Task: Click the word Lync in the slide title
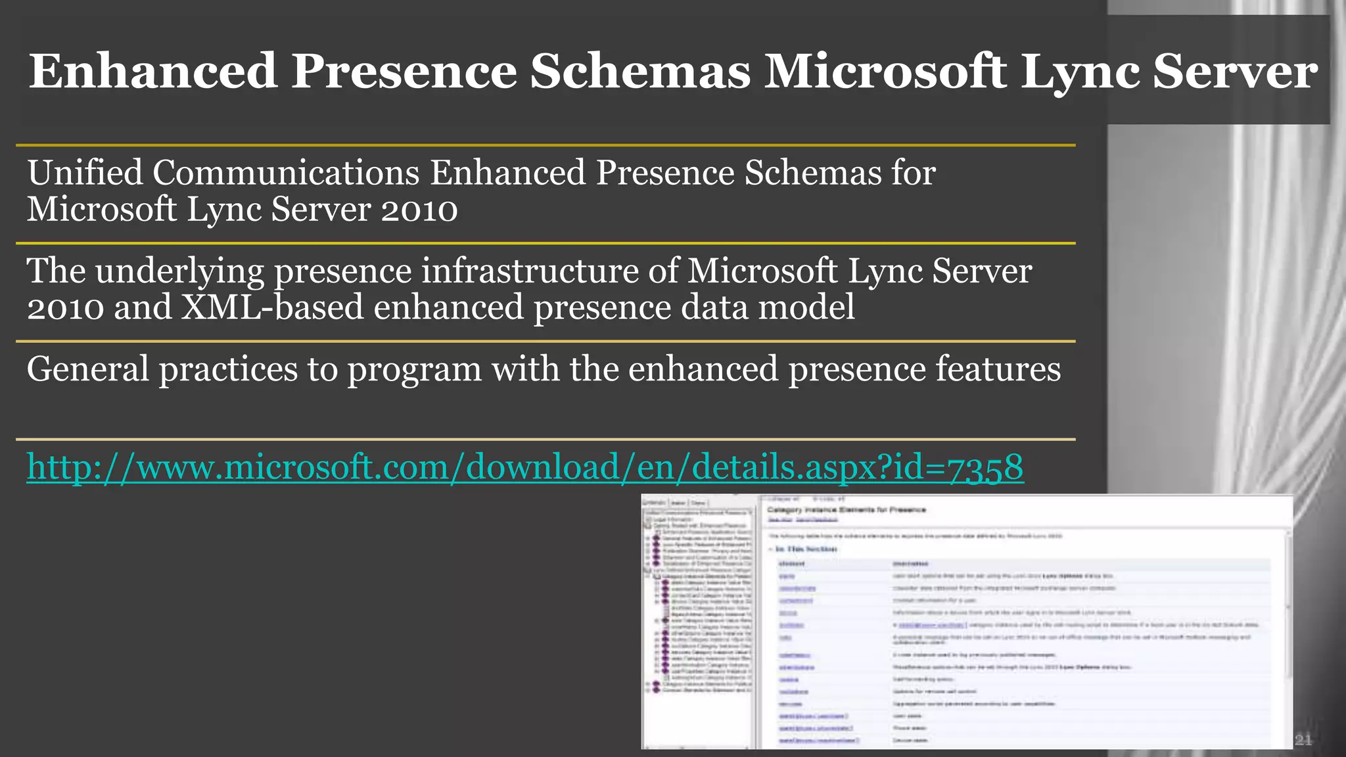pyautogui.click(x=1080, y=71)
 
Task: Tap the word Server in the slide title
pyautogui.click(x=1235, y=71)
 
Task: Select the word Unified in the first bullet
pyautogui.click(x=85, y=173)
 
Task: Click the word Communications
pyautogui.click(x=287, y=173)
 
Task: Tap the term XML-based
pyautogui.click(x=272, y=307)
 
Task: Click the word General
pyautogui.click(x=87, y=369)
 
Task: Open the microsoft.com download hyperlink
pyautogui.click(x=525, y=467)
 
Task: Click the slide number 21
pyautogui.click(x=1303, y=741)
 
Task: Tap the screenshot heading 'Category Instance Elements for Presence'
pyautogui.click(x=847, y=509)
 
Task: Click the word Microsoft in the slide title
pyautogui.click(x=885, y=71)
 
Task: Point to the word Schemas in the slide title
pyautogui.click(x=640, y=71)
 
